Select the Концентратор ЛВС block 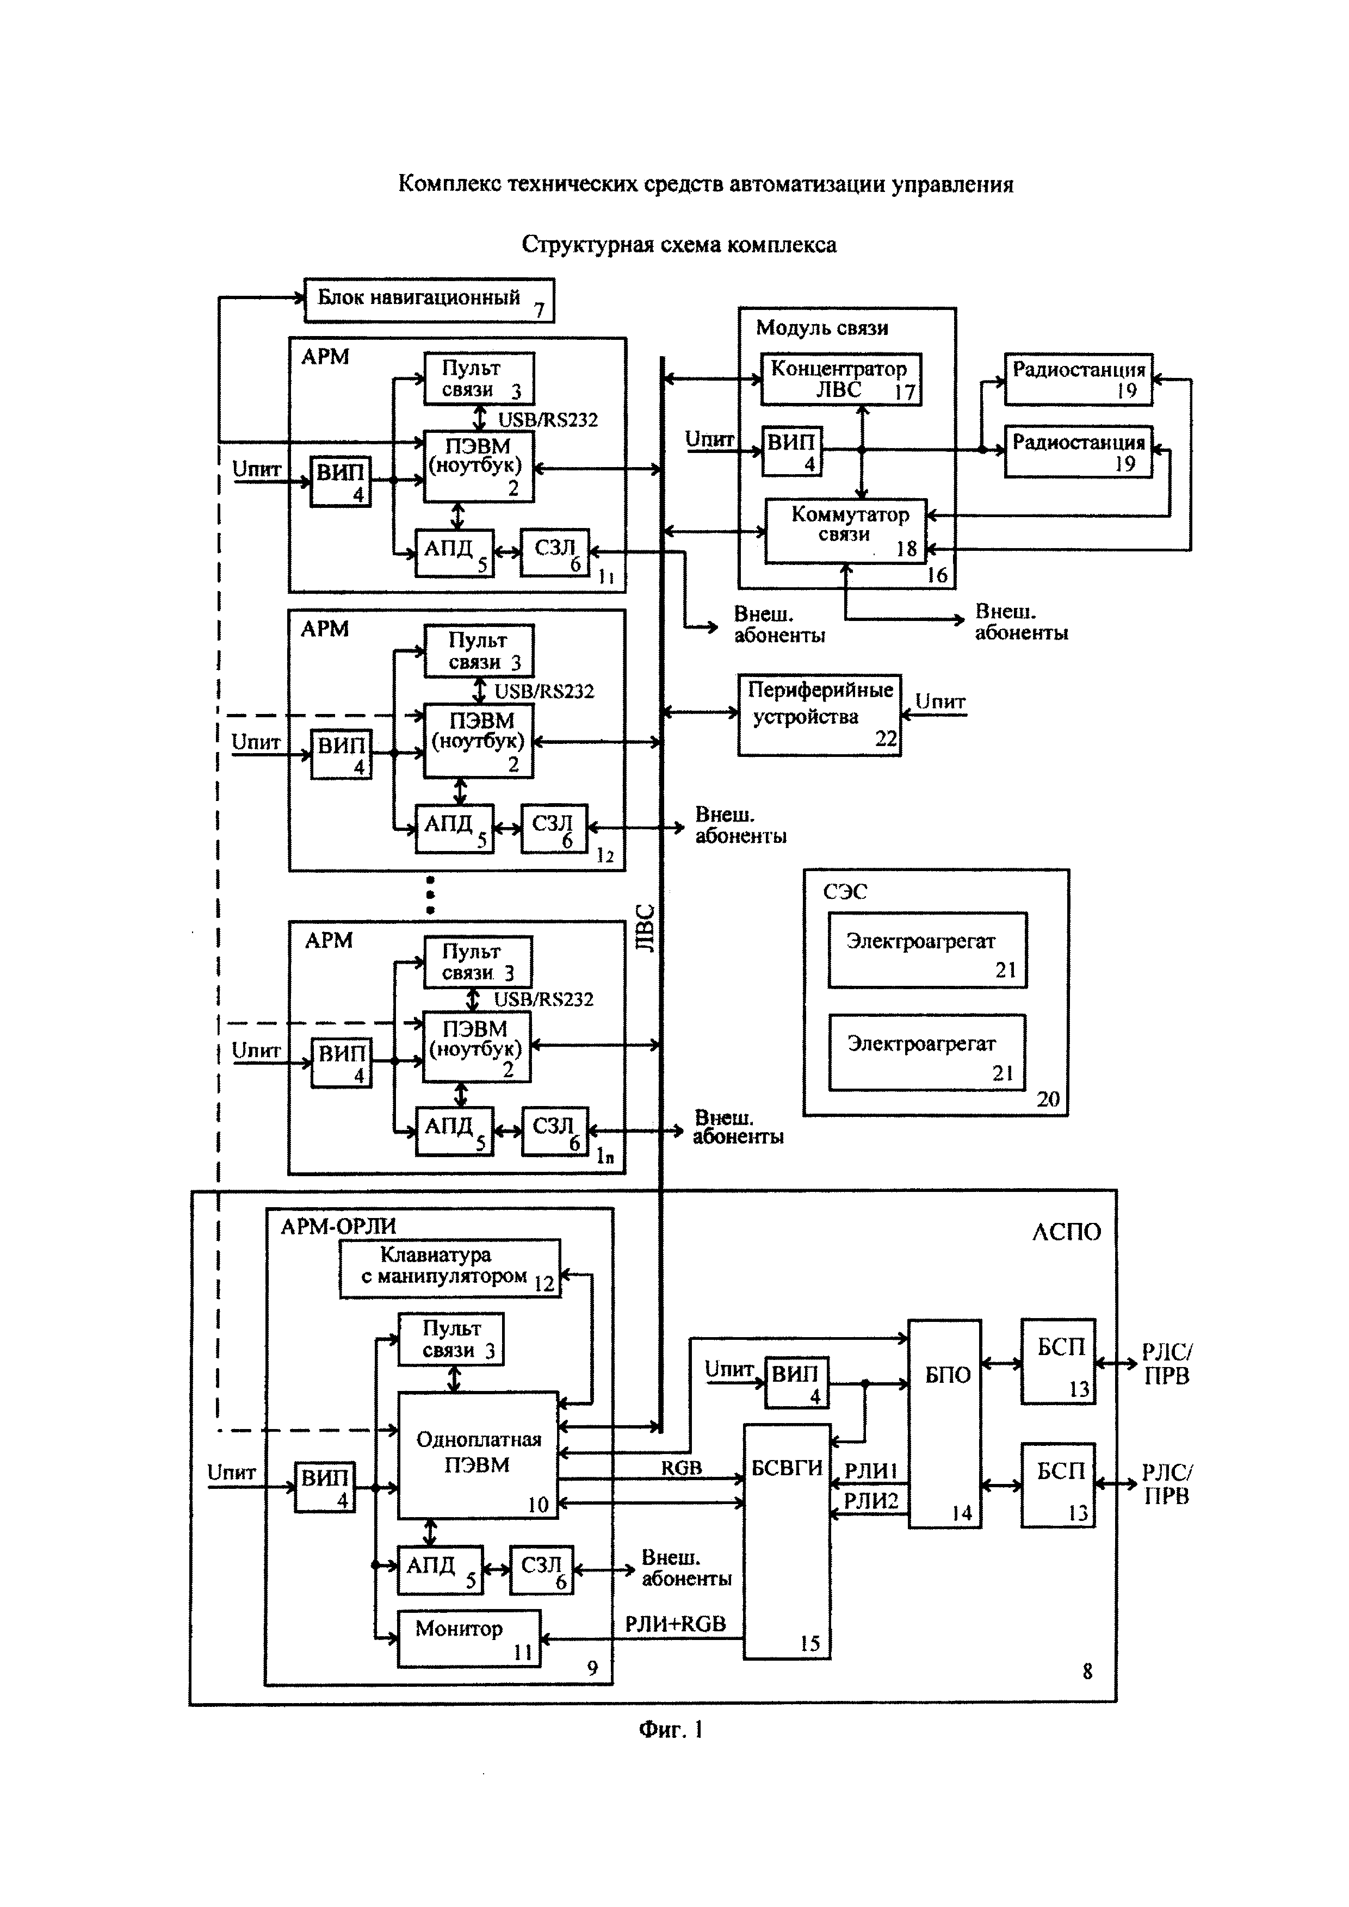pyautogui.click(x=840, y=380)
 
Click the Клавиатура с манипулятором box pyautogui.click(x=449, y=1268)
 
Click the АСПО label pyautogui.click(x=1066, y=1232)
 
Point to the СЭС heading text pyautogui.click(x=845, y=892)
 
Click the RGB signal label pyautogui.click(x=681, y=1468)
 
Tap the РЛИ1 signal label pyautogui.click(x=870, y=1471)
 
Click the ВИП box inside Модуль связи pyautogui.click(x=791, y=451)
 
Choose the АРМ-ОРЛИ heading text pyautogui.click(x=338, y=1226)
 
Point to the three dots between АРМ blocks pyautogui.click(x=430, y=895)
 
